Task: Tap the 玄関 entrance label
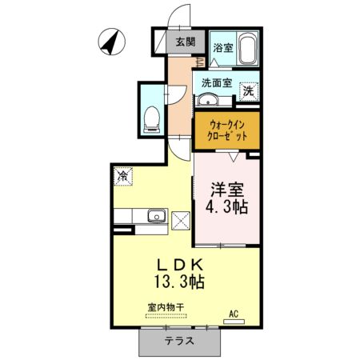(185, 42)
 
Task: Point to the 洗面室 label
(216, 82)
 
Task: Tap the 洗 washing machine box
(248, 93)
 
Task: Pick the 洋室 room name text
(227, 190)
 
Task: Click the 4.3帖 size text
(227, 208)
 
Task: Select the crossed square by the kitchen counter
(182, 218)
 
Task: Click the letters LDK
(182, 265)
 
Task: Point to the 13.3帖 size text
(182, 282)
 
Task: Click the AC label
(234, 314)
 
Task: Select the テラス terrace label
(179, 340)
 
